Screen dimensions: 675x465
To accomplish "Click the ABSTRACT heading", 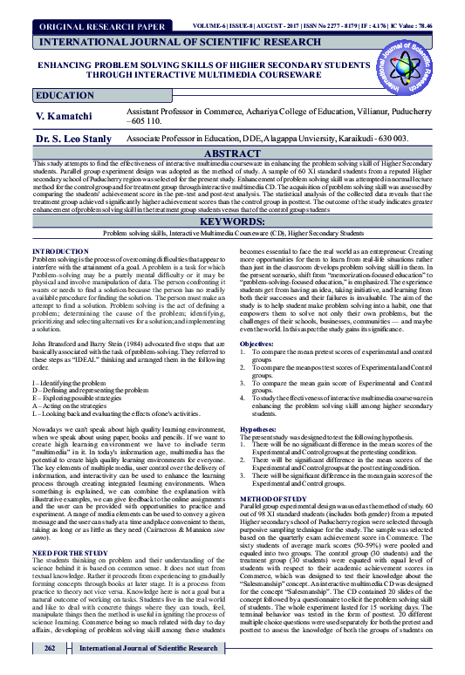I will coord(232,152).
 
